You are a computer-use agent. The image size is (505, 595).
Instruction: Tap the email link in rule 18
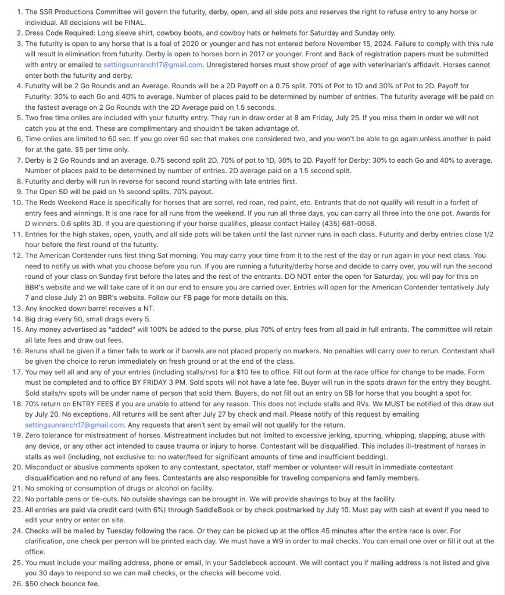pyautogui.click(x=75, y=425)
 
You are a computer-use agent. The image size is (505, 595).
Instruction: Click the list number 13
pyautogui.click(x=17, y=308)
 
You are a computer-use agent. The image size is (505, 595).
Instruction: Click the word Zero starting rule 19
pyautogui.click(x=34, y=435)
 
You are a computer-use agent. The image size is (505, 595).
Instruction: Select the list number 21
pyautogui.click(x=17, y=488)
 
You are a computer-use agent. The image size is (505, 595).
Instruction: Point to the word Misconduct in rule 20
pyautogui.click(x=45, y=467)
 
